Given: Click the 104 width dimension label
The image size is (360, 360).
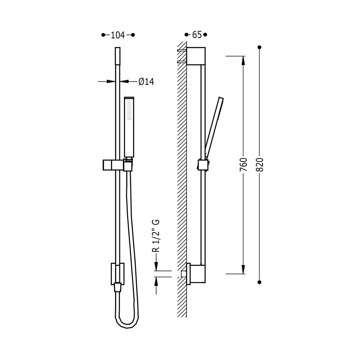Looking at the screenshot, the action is tap(118, 35).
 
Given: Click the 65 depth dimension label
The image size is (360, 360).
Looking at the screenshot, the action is tap(197, 35).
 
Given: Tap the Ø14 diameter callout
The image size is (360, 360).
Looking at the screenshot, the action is tap(146, 82).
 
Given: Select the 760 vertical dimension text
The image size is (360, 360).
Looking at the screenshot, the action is tap(243, 164).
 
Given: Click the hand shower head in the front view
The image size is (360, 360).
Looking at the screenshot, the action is tap(129, 127).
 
